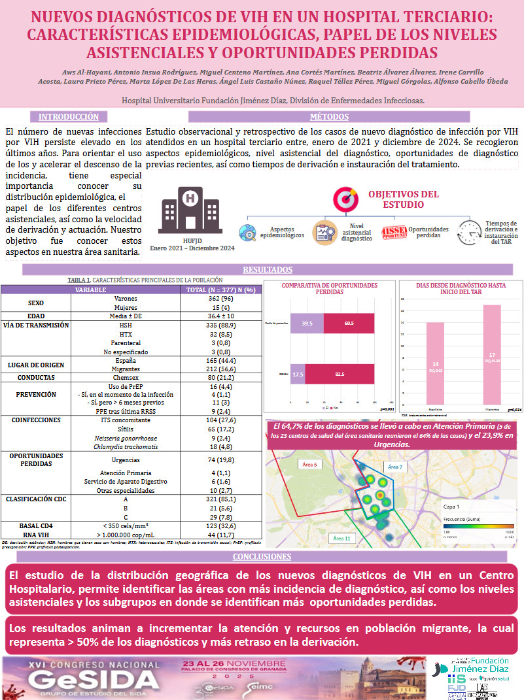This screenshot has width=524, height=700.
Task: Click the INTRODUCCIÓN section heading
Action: pyautogui.click(x=69, y=117)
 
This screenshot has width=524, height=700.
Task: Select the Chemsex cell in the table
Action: pyautogui.click(x=121, y=376)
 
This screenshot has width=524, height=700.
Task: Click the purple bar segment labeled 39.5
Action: pyautogui.click(x=306, y=323)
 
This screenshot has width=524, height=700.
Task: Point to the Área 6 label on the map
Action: pyautogui.click(x=309, y=465)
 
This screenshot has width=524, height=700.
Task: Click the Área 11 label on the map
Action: pyautogui.click(x=342, y=539)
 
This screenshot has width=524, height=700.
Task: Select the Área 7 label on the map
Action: pyautogui.click(x=395, y=467)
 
